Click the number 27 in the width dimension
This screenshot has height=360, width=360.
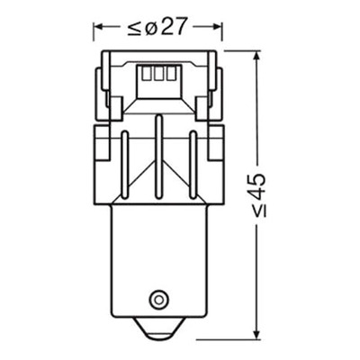(173, 26)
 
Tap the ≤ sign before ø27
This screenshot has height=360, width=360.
(133, 28)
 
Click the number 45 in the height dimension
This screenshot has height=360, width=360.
(257, 184)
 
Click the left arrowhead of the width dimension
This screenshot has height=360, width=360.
(98, 27)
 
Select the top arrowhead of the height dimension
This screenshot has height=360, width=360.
(256, 56)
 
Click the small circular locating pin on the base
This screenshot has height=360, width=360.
(157, 299)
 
